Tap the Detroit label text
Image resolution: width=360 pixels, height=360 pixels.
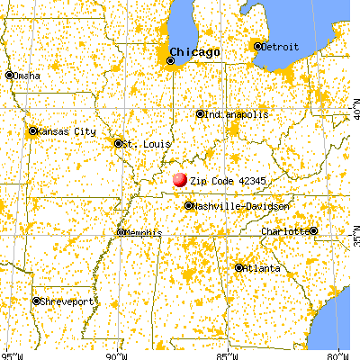coord(280,46)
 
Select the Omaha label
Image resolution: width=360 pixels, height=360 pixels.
coord(26,76)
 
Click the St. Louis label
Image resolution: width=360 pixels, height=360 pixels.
coord(141,143)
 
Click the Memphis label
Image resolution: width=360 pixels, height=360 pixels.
coord(142,232)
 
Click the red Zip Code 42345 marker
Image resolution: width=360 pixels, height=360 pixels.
coord(180,180)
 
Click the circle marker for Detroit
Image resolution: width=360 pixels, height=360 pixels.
coord(258,46)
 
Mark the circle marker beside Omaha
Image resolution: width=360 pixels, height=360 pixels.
coord(9,76)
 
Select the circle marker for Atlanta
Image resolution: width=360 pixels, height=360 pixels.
coord(239,267)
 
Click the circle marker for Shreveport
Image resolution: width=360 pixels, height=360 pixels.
coord(37,301)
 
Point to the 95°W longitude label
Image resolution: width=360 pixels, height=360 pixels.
coord(13,354)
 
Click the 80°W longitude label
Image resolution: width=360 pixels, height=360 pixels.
coord(337,354)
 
